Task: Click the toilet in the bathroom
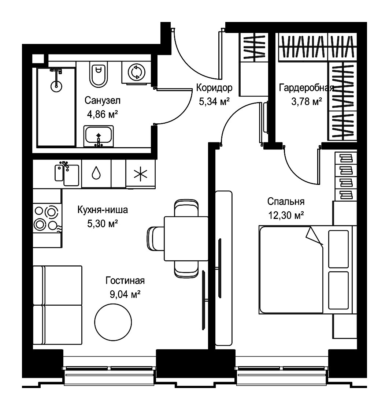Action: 99,74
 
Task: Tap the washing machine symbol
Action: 137,72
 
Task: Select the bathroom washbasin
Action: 99,136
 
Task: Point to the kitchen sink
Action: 67,174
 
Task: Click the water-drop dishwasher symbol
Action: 96,172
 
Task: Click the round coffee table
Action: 113,322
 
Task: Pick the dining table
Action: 186,238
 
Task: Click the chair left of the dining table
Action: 155,238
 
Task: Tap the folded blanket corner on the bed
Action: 314,236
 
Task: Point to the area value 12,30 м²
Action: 286,215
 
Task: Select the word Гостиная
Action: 125,280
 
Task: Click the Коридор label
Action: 214,87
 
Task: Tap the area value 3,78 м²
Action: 307,101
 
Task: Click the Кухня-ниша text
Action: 103,210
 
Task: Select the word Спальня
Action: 286,202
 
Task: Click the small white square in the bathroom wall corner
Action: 38,59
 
